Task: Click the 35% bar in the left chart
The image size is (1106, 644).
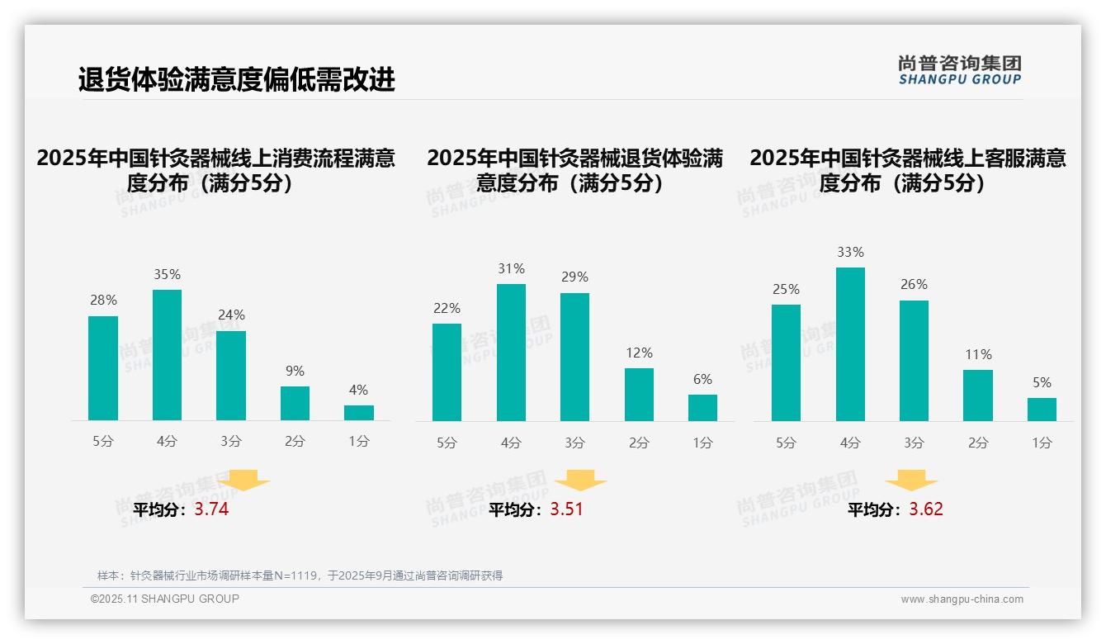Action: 167,355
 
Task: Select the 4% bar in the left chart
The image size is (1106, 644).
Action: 359,413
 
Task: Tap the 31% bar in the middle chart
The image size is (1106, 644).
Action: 511,353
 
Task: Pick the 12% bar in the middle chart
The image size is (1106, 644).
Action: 639,395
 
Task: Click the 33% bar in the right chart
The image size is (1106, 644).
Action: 850,344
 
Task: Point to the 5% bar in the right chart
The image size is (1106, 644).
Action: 1042,410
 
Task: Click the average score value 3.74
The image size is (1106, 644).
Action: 211,509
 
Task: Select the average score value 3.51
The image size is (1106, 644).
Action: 566,509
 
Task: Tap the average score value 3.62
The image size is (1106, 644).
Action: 926,509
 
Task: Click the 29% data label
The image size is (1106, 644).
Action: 575,277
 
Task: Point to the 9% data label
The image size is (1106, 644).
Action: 295,371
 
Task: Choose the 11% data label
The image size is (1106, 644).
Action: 978,354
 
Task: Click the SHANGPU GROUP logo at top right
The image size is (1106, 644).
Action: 959,70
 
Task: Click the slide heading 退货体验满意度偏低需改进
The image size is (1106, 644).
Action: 237,79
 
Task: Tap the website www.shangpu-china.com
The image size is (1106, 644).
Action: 962,599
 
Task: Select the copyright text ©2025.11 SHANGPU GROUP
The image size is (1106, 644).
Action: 165,599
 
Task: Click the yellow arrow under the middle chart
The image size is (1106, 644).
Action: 580,481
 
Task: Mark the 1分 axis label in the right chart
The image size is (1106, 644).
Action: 1042,443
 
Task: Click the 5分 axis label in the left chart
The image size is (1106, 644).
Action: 103,442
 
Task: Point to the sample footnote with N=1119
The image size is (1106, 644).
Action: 300,575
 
